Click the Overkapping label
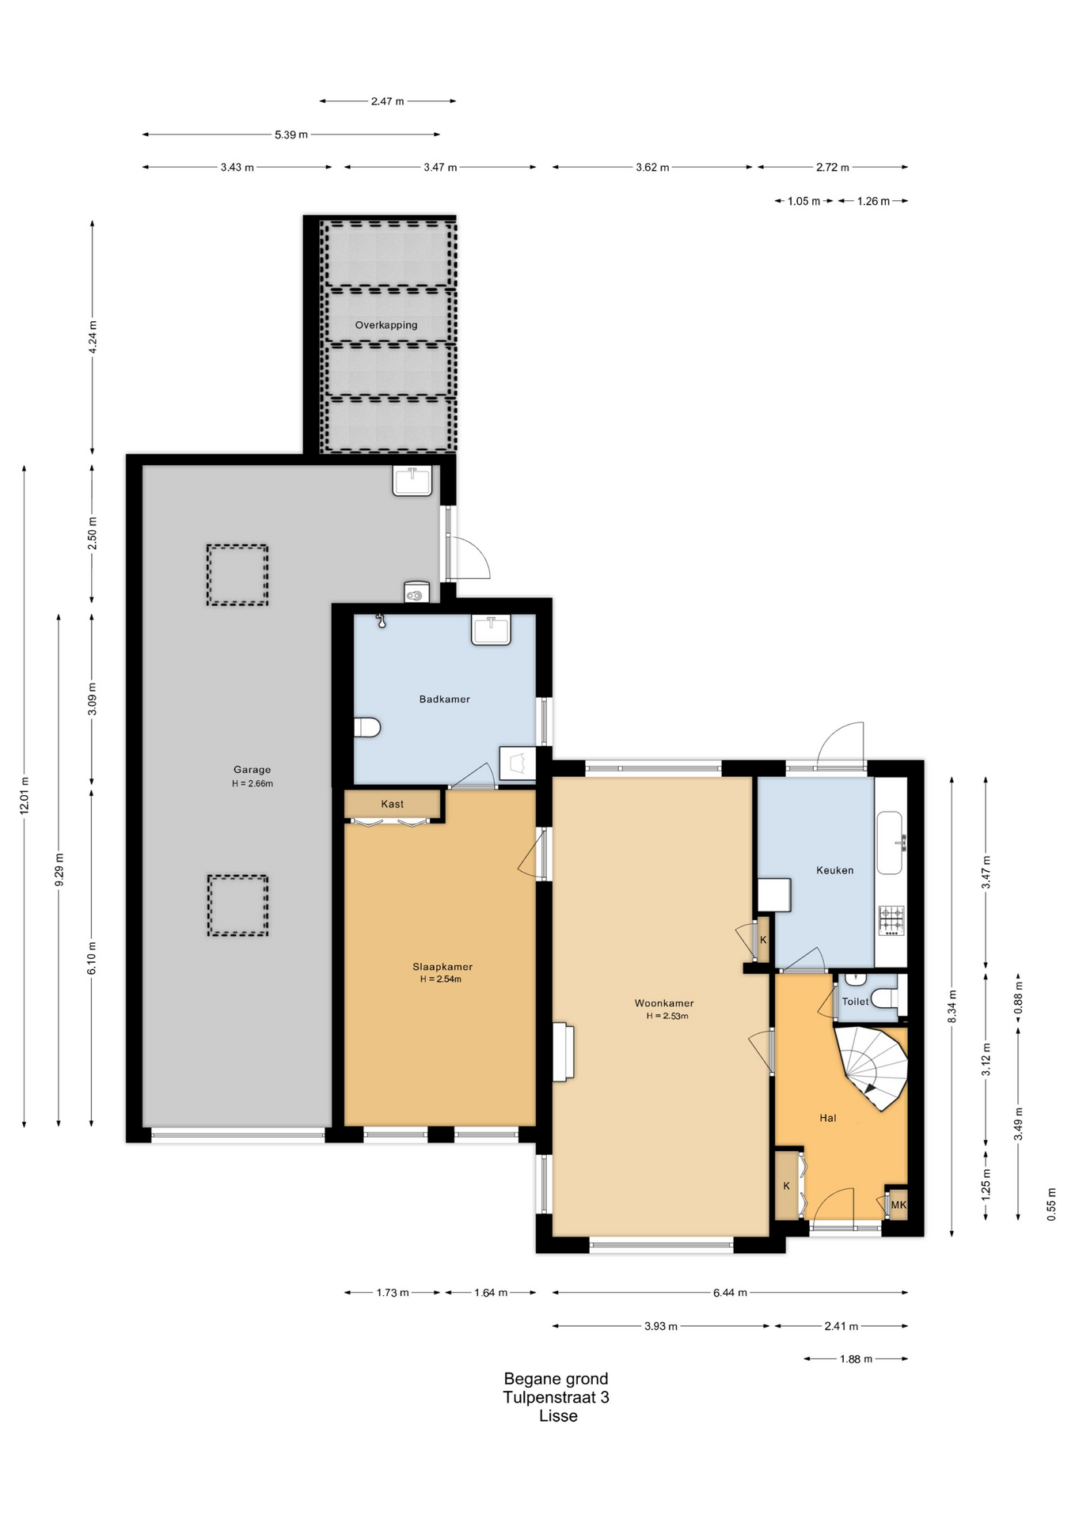(386, 325)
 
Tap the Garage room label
(252, 770)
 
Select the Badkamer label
(445, 699)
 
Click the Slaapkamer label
(443, 967)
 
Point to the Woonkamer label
(664, 1003)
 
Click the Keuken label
(835, 870)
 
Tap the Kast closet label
(393, 804)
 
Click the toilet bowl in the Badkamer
(367, 727)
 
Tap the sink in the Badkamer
(492, 630)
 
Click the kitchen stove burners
(891, 921)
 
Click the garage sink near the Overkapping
(412, 481)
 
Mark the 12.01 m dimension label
(25, 795)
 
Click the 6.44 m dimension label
(730, 1293)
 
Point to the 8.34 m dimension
(952, 1006)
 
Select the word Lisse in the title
(558, 1416)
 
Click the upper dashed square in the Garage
(237, 575)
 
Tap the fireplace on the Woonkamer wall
(564, 1051)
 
